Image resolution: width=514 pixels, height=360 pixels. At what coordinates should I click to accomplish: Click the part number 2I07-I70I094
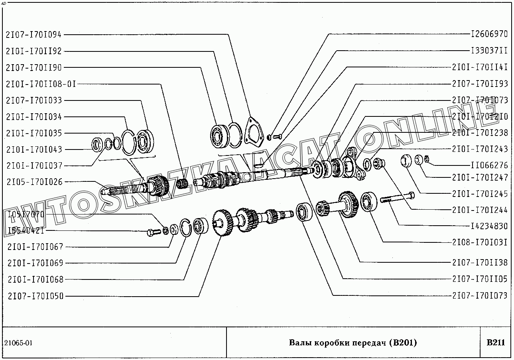coord(34,35)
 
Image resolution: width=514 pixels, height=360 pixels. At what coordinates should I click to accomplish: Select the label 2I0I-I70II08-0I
coord(41,84)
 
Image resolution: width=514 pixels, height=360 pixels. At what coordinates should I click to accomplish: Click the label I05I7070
coord(26,214)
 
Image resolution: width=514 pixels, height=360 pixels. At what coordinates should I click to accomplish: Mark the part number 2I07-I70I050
coord(35,296)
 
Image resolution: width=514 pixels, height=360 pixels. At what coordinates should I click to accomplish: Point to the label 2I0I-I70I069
coord(35,263)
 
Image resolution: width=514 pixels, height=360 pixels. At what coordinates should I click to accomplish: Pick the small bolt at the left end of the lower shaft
coord(153,232)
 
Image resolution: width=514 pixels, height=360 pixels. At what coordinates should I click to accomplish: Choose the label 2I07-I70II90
coord(34,68)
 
